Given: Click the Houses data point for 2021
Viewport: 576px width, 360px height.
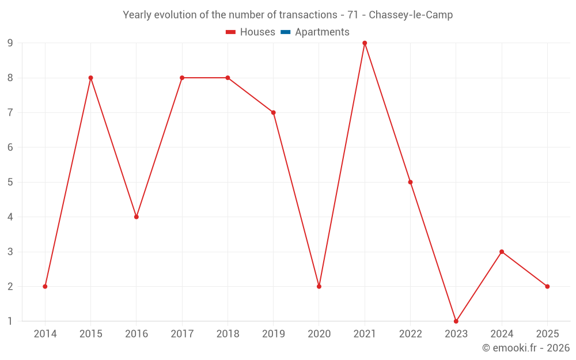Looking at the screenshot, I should click(365, 43).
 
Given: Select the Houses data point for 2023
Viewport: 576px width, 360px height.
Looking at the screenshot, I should click(456, 321).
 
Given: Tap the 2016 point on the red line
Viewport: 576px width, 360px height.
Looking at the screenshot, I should click(137, 217).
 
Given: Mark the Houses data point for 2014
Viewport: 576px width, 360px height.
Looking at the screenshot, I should click(45, 286).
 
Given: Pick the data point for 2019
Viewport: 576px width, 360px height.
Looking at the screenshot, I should click(274, 112).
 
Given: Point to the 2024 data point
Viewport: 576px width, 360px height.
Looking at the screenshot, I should click(502, 252).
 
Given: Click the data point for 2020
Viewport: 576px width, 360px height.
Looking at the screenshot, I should click(319, 286).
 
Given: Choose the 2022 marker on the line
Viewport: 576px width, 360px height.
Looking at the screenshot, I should click(410, 182).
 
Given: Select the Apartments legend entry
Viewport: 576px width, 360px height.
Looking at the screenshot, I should click(322, 32).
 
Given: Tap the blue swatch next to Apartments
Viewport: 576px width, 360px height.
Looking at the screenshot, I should click(285, 32).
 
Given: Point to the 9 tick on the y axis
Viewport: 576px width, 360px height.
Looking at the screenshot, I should click(10, 43).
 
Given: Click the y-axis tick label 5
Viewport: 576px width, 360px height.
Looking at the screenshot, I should click(10, 182).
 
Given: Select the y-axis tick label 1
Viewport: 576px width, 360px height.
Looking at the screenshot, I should click(10, 321).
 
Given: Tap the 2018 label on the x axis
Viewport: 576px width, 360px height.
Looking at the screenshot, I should click(228, 334).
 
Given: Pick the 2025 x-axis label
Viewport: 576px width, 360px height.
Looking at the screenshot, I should click(547, 334).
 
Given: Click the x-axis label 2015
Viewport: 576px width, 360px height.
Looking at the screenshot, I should click(91, 334).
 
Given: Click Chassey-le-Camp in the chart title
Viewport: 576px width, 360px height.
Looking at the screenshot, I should click(411, 15).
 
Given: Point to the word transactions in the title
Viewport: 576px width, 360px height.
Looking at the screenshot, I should click(308, 15).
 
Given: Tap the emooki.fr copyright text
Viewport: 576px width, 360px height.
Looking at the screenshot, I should click(526, 348).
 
